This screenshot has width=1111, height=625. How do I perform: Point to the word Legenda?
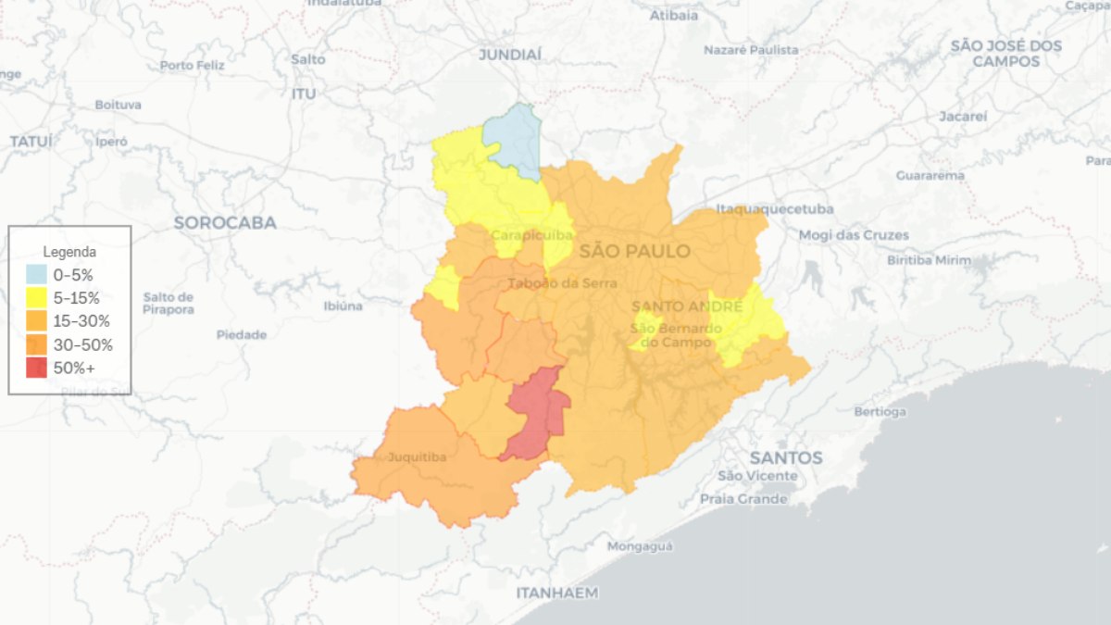point(69,251)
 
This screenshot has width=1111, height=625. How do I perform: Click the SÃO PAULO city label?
point(634,251)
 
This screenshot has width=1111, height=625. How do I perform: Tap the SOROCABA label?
point(225,223)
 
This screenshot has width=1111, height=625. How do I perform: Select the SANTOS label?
point(785,457)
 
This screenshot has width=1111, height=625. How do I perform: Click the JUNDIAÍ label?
point(509,56)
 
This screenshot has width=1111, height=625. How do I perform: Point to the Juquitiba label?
point(417,457)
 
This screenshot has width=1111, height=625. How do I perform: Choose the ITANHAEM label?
point(556,593)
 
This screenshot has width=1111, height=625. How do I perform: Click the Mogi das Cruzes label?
point(853,235)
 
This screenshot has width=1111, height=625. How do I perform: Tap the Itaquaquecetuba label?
point(774,209)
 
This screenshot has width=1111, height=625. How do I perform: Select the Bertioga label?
point(880,411)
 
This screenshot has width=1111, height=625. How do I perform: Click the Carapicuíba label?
point(531,235)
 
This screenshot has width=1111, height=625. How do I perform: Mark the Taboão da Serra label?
point(562,283)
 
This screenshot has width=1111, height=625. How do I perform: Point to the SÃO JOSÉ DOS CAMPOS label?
point(1005,54)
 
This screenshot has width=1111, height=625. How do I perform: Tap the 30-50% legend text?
point(83,345)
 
